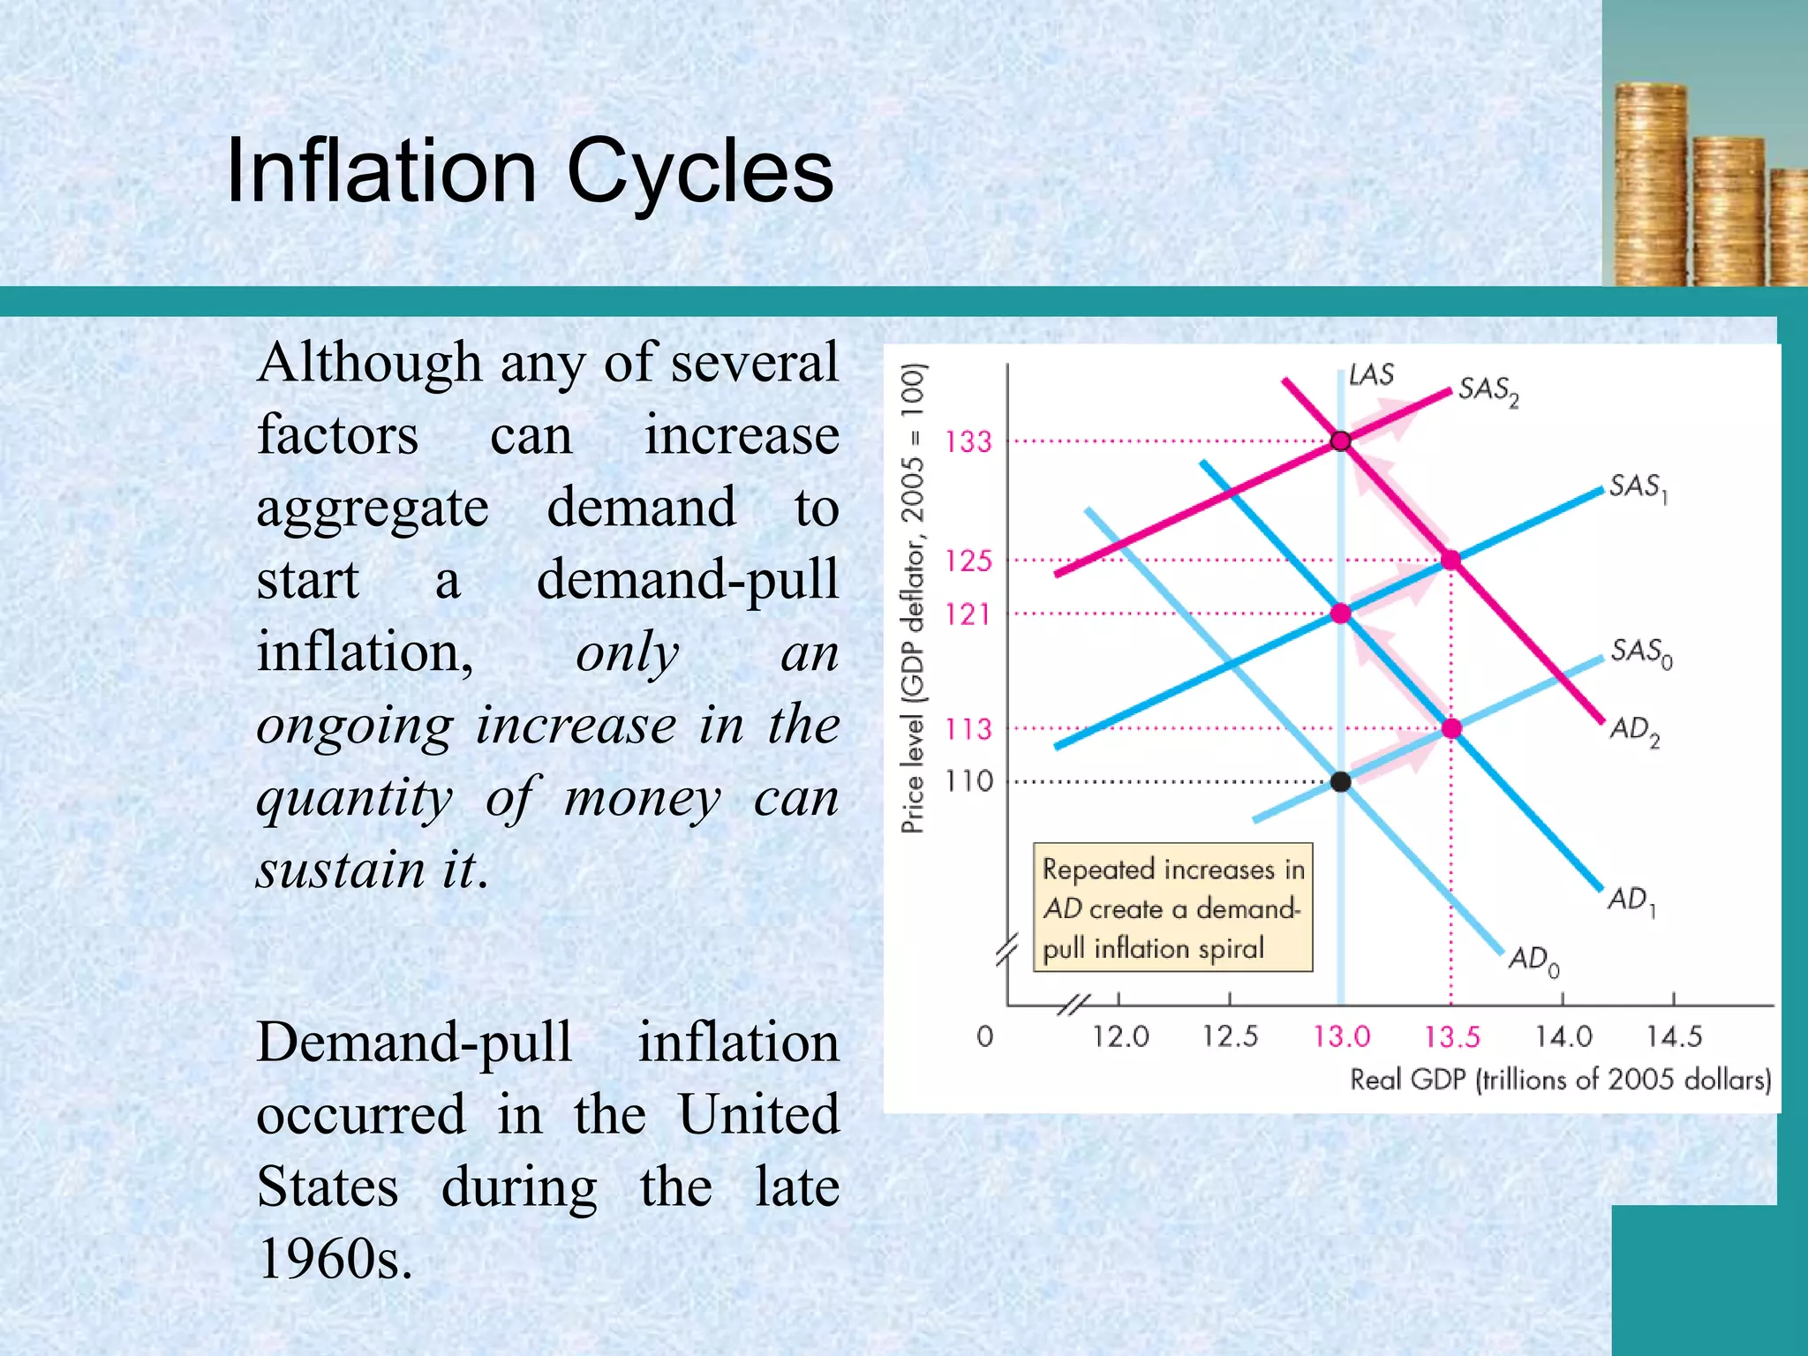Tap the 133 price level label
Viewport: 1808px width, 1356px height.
(968, 441)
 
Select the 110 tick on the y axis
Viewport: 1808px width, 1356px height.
(968, 781)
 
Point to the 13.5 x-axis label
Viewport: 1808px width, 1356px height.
(1451, 1036)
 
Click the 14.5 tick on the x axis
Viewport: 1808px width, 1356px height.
(1674, 1036)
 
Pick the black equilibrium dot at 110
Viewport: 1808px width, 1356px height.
(1340, 781)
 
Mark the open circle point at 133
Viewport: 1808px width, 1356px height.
(1340, 441)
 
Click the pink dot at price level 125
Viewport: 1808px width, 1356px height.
(1450, 560)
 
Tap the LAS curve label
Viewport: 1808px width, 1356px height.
(1371, 374)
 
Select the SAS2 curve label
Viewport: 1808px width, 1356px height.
(1488, 390)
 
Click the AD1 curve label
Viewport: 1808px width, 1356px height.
(1631, 900)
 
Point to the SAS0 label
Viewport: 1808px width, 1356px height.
(1640, 652)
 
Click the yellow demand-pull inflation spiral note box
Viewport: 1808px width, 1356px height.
(1172, 908)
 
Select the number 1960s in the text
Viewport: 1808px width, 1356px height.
(335, 1258)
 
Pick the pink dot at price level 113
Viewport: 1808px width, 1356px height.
(1451, 728)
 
